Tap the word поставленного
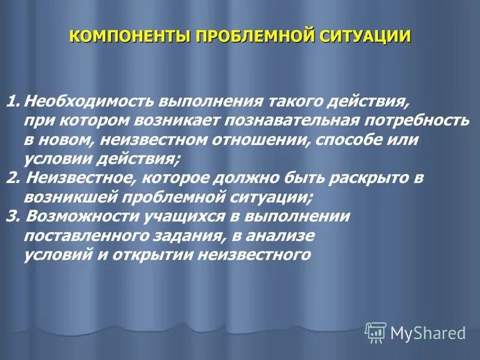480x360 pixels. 81,236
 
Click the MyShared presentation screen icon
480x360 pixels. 376,332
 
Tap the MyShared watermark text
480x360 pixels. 428,332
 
